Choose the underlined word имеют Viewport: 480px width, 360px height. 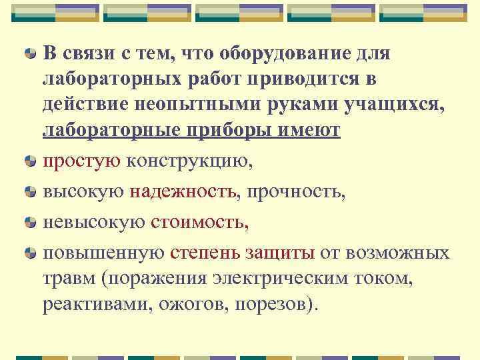[x=311, y=131]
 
